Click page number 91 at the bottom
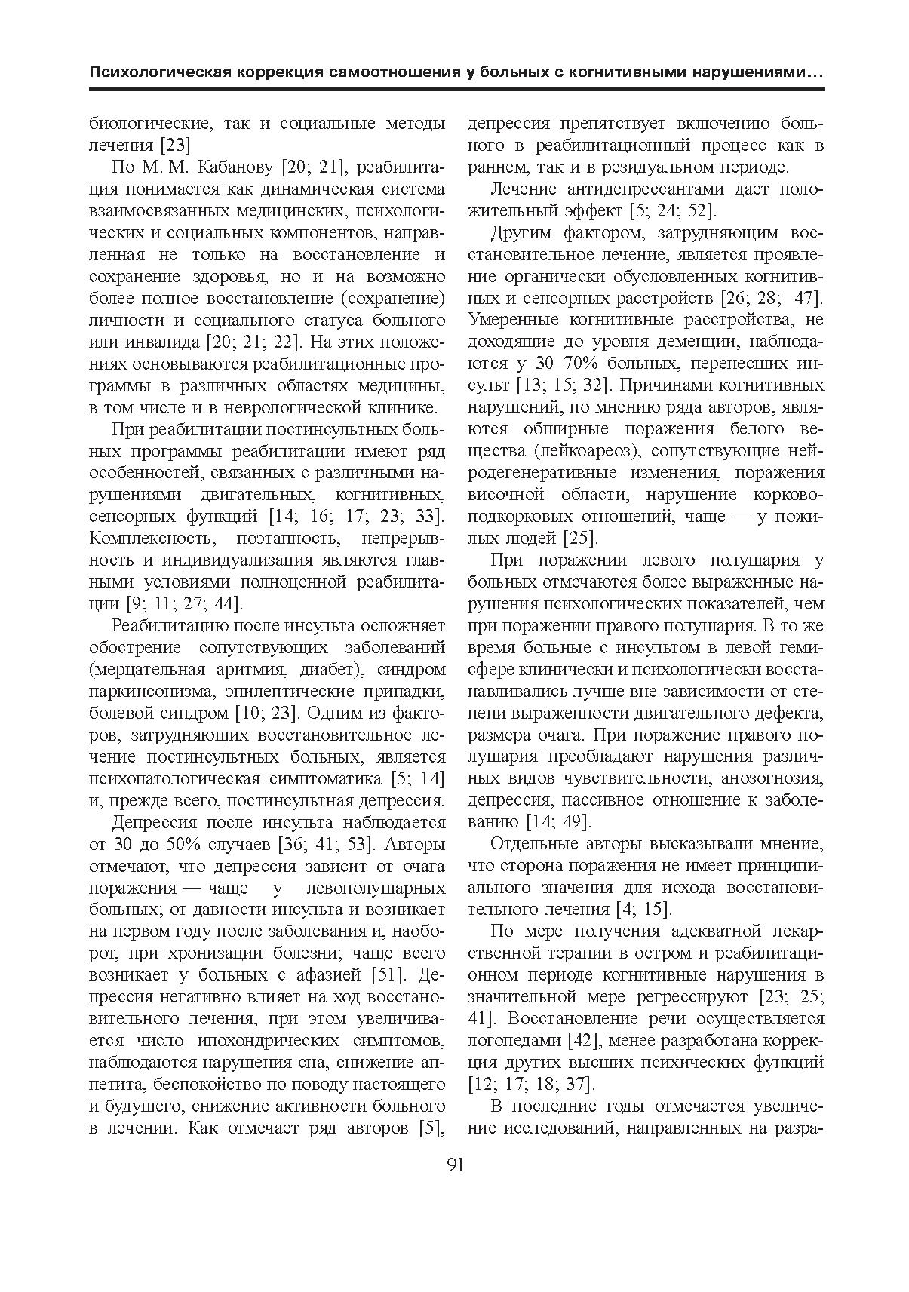click(455, 1165)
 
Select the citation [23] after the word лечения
click(174, 145)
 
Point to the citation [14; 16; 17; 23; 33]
click(356, 517)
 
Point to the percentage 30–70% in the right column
click(560, 364)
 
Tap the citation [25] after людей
click(581, 539)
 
